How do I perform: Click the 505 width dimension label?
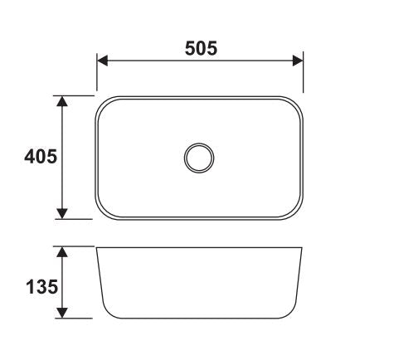tap(200, 48)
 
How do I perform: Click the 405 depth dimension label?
tap(40, 158)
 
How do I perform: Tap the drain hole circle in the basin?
tap(200, 157)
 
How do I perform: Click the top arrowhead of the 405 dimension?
tap(61, 100)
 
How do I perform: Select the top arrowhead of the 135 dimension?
tap(61, 251)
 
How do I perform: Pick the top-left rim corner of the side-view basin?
tap(97, 247)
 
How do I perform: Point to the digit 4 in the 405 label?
tap(29, 158)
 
